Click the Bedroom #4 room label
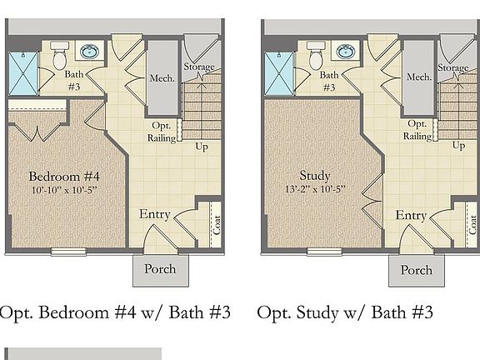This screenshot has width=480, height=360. [64, 177]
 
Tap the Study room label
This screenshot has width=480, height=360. [315, 176]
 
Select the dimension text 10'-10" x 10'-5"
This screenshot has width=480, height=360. [64, 192]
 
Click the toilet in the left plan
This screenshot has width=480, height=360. [60, 57]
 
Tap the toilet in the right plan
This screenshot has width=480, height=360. [316, 57]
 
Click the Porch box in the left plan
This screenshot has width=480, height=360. [160, 269]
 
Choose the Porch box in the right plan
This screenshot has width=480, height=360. [416, 269]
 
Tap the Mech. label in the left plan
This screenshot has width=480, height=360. [162, 77]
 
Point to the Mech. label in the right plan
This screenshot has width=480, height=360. [418, 77]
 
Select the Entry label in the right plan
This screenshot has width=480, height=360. [411, 215]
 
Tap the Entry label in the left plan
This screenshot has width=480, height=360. [155, 215]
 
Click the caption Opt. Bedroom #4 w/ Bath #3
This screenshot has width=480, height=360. [114, 313]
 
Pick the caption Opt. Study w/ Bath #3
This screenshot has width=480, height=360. [345, 313]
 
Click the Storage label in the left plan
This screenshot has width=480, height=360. [199, 67]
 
